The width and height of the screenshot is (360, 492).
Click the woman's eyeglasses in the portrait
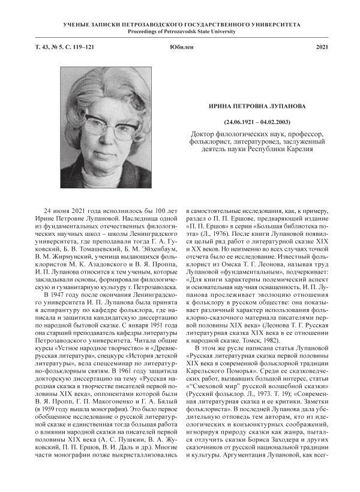click(109, 126)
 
